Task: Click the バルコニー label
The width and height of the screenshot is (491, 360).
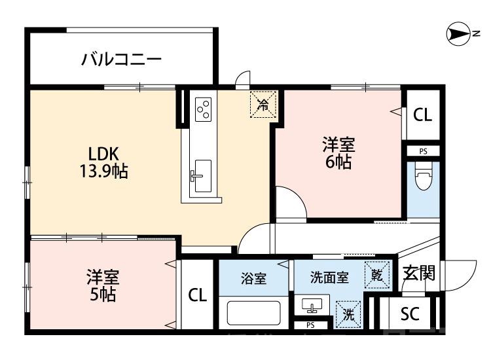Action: (x=121, y=60)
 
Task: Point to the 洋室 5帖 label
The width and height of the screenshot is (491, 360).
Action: (x=103, y=285)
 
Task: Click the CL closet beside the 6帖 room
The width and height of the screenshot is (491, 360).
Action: (x=422, y=116)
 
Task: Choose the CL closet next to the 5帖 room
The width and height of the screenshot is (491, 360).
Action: (x=197, y=295)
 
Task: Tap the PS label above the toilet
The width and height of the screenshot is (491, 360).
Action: (x=423, y=151)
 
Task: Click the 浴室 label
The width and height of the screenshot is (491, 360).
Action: (x=253, y=278)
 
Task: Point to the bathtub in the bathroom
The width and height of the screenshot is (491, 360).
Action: (x=254, y=313)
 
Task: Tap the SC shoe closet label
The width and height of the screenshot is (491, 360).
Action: (x=410, y=314)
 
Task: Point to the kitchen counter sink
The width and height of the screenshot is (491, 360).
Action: (x=201, y=171)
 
